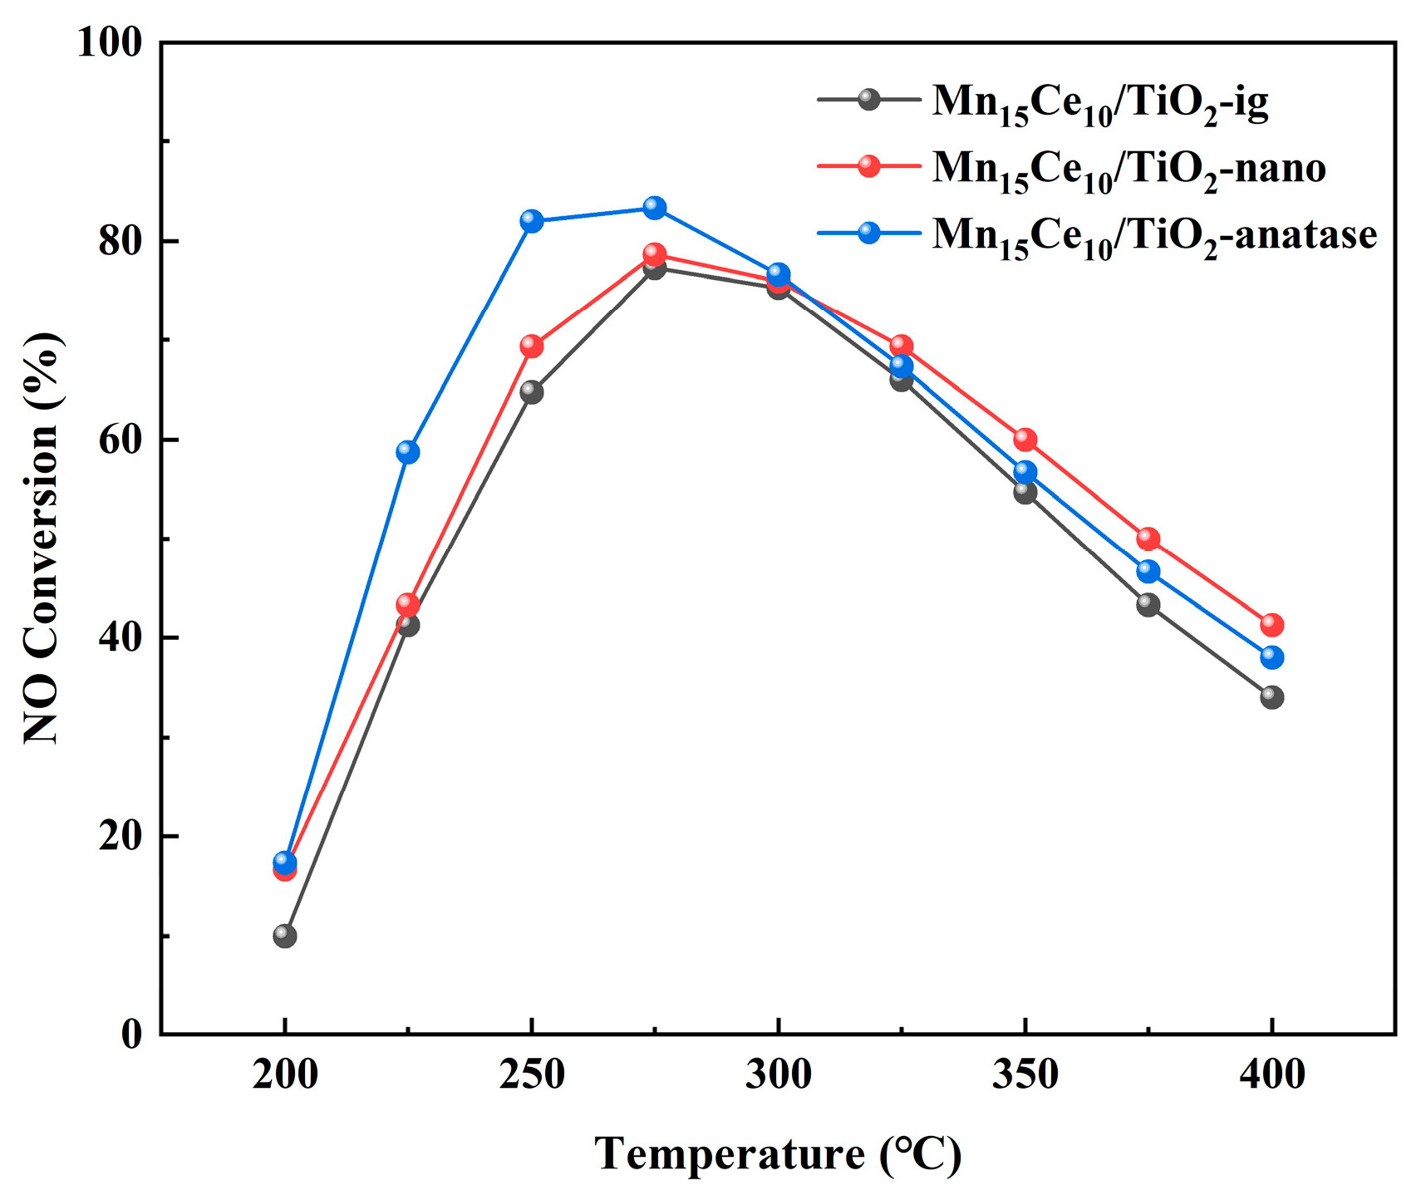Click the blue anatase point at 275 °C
655,208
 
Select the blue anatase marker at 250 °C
532,221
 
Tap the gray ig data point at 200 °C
285,937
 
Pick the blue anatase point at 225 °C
408,452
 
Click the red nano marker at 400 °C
1271,625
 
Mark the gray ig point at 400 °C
1271,697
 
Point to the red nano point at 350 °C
1025,440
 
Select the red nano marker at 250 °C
532,347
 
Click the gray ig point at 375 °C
1148,604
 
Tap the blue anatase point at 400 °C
1271,657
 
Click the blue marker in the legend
869,233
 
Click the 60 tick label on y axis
120,440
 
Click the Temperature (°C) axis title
778,1153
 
